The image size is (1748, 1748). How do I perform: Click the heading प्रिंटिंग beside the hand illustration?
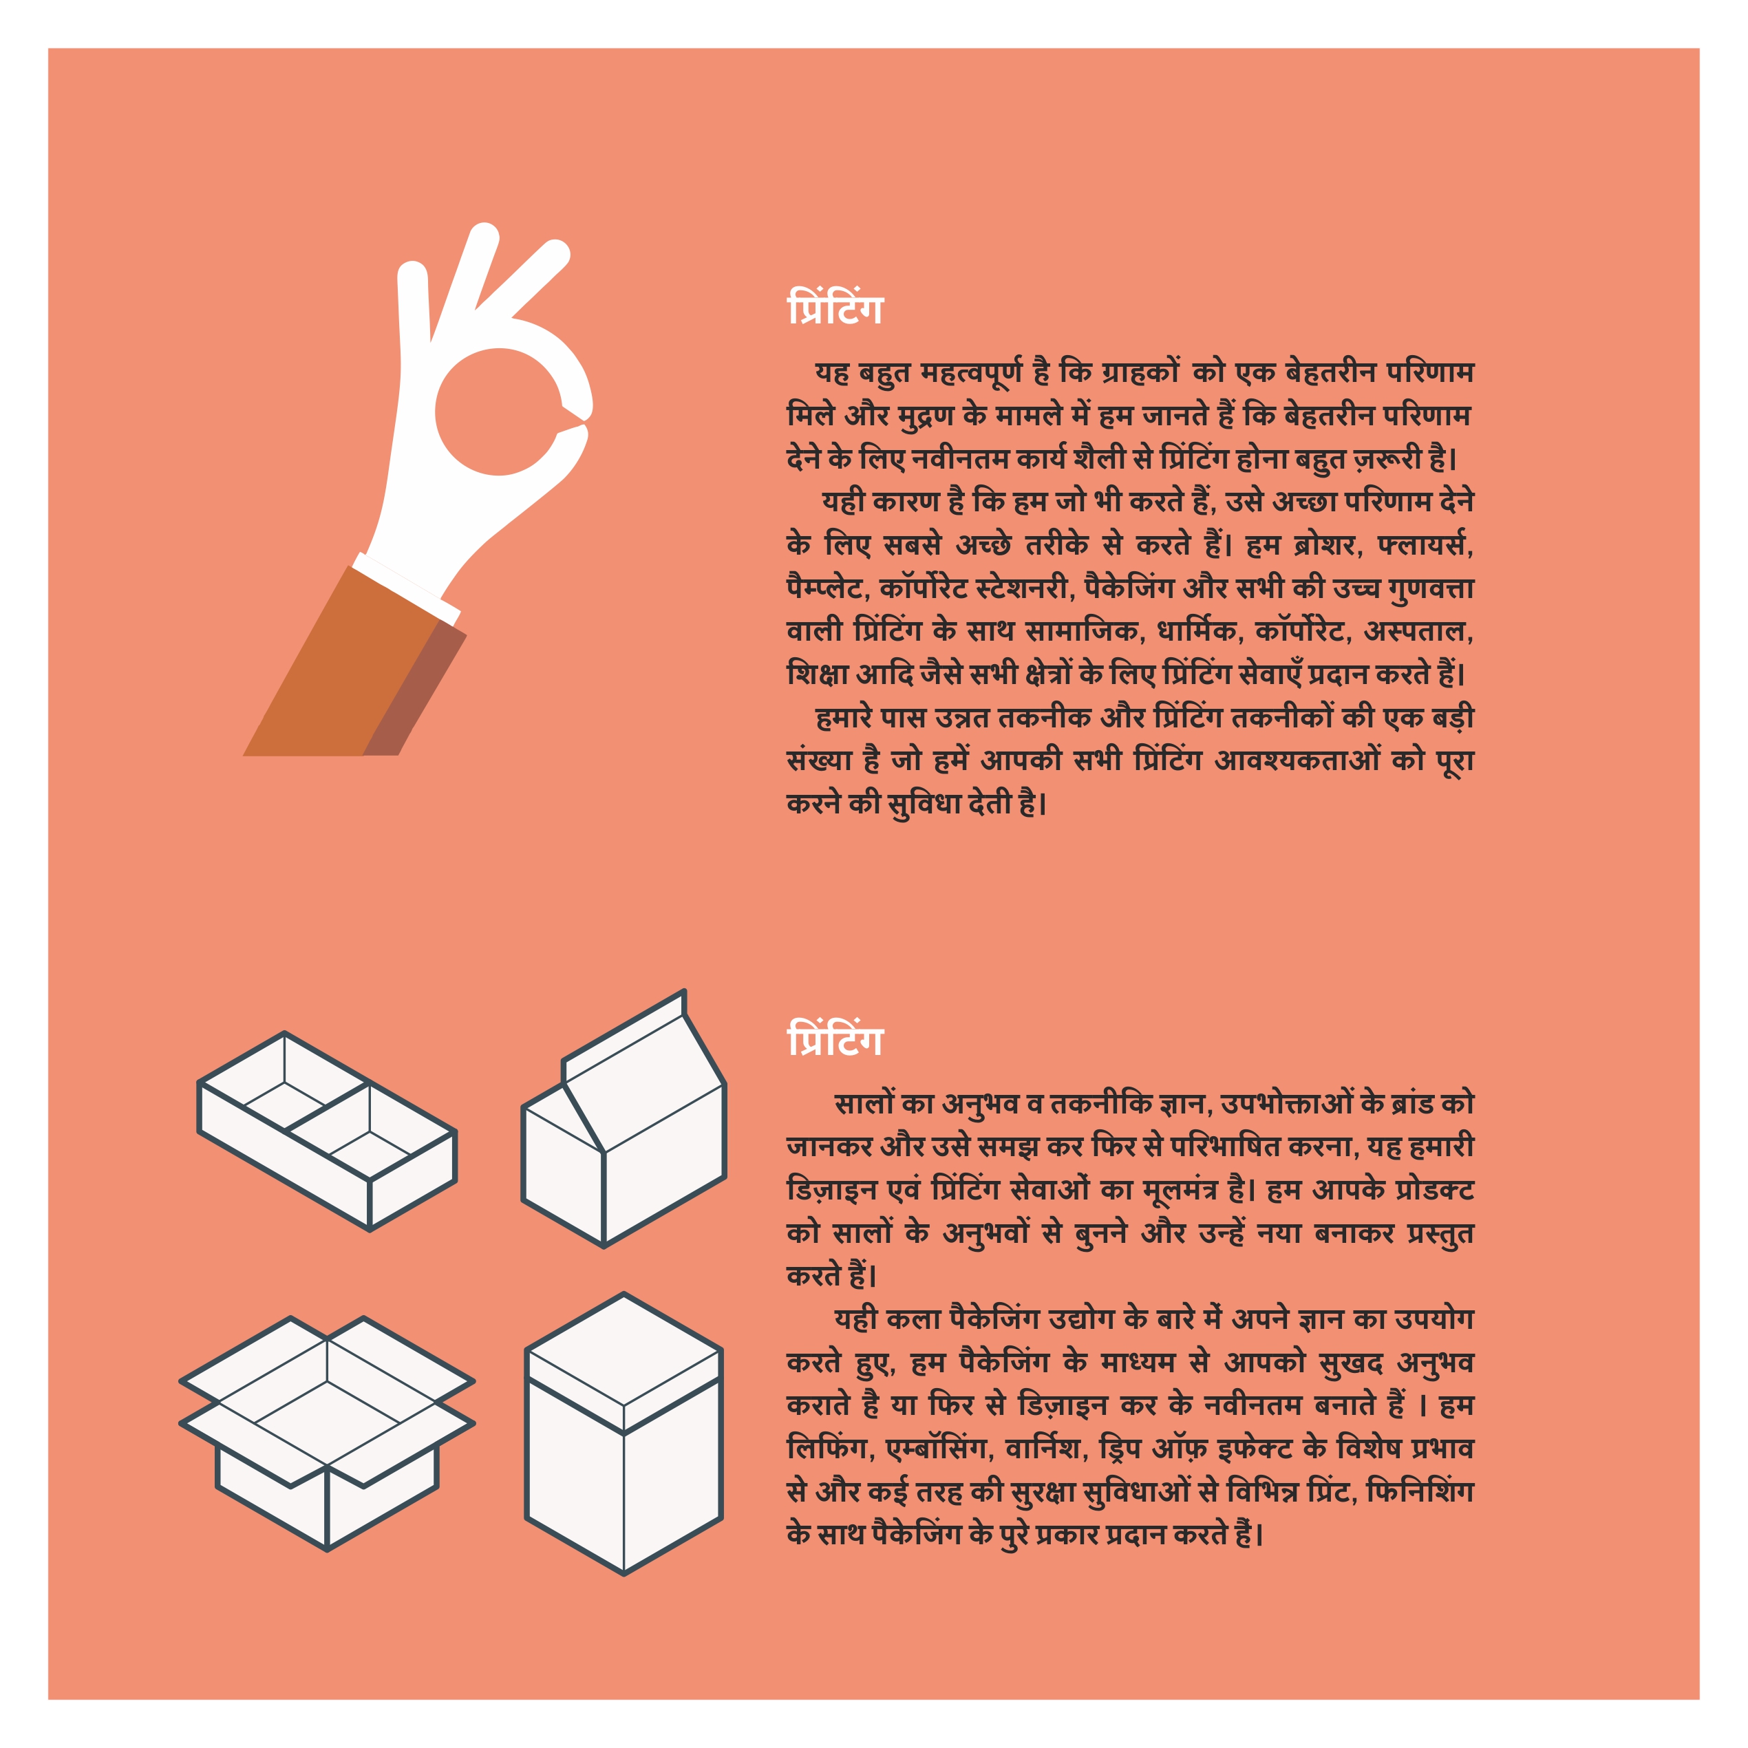(834, 308)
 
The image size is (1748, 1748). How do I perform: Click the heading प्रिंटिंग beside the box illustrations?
(834, 1038)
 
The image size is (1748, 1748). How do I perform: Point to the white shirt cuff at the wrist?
(406, 589)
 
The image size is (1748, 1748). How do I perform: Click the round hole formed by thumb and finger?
(498, 412)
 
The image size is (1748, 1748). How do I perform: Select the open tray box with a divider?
(327, 1131)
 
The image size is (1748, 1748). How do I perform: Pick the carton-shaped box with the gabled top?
(623, 1119)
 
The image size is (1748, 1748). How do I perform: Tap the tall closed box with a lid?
(623, 1434)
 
